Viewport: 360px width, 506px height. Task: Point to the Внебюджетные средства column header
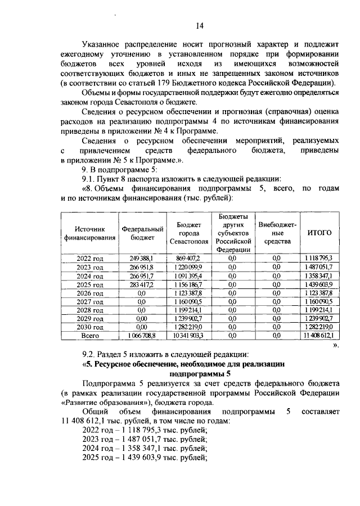(x=276, y=233)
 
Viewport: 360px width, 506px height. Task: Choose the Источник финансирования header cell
(x=89, y=233)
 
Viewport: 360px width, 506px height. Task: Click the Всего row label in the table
(x=89, y=335)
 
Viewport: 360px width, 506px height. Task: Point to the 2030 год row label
(x=89, y=327)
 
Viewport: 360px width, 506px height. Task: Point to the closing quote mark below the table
(x=336, y=345)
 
